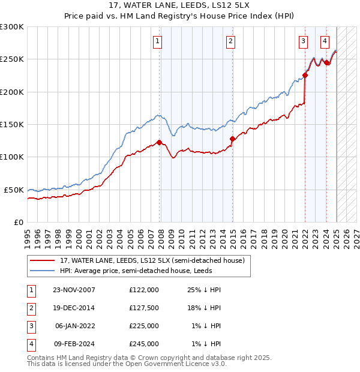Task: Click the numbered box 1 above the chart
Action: point(157,41)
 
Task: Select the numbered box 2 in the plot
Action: point(230,41)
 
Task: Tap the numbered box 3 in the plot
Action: point(303,41)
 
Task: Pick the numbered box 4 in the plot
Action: point(325,41)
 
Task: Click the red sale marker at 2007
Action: point(160,142)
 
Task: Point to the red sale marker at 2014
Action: point(232,139)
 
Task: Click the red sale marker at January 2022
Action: point(305,75)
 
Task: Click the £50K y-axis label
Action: point(14,190)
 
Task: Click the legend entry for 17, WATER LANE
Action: point(152,261)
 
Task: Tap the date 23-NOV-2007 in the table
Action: point(74,290)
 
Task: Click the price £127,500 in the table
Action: point(144,308)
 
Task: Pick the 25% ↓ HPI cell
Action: point(205,290)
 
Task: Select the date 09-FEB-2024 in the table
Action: point(74,344)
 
